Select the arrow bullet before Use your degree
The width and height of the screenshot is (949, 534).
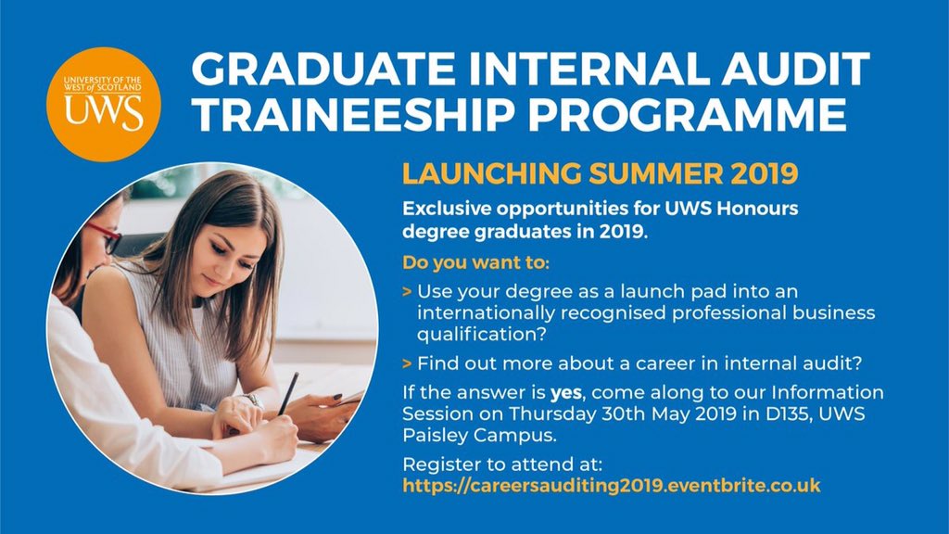[x=408, y=291]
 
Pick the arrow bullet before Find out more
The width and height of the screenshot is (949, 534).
[x=408, y=362]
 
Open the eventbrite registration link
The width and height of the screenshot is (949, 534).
[x=612, y=485]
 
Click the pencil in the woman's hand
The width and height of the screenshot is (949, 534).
[x=288, y=393]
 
